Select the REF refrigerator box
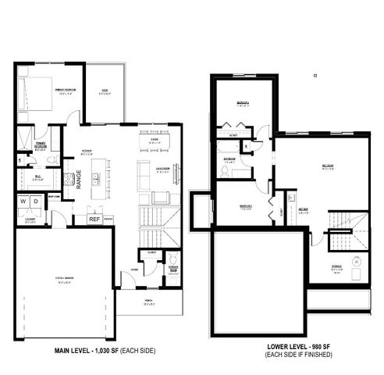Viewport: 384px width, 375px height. tap(94, 220)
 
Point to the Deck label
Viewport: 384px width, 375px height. tap(105, 91)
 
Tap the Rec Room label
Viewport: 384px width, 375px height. tap(329, 166)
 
